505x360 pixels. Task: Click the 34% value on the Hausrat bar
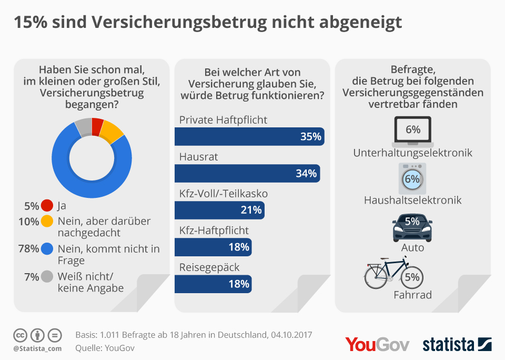[x=306, y=173]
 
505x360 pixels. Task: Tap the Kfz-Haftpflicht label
[x=214, y=230]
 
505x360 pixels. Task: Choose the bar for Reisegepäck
[x=213, y=284]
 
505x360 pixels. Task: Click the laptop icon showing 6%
[x=413, y=131]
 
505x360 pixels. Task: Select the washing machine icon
[x=412, y=179]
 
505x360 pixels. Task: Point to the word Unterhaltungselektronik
[x=413, y=153]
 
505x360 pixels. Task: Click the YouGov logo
[x=377, y=344]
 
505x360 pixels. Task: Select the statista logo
[x=457, y=344]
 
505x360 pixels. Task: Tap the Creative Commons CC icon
[x=20, y=335]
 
